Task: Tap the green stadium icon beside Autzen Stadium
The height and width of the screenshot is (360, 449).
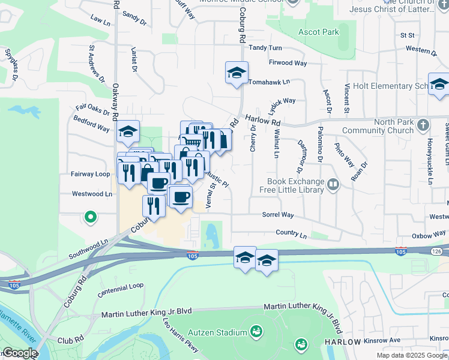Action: point(256,331)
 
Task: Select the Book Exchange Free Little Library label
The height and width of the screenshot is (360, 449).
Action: point(292,185)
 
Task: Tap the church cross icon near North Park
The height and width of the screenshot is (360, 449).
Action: point(423,125)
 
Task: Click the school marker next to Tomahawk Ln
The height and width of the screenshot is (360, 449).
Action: point(237,73)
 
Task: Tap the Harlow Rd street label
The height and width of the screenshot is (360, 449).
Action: point(263,121)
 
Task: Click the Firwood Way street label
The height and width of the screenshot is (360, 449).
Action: point(288,62)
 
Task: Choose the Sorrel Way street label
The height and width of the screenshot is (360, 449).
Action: point(277,214)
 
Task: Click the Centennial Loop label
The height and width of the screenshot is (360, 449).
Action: point(121,286)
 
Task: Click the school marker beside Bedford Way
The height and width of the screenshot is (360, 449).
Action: point(128,131)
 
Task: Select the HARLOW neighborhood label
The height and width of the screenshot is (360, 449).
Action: point(343,341)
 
